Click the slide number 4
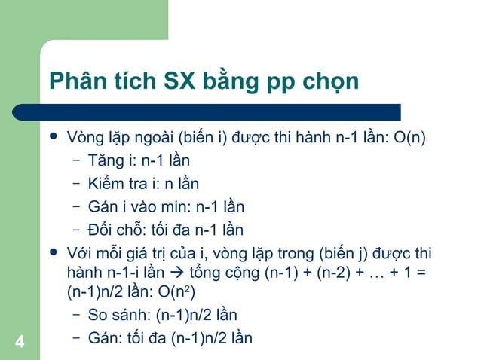pyautogui.click(x=19, y=343)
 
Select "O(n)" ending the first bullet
pyautogui.click(x=411, y=139)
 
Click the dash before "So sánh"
pyautogui.click(x=76, y=315)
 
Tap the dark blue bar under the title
pyautogui.click(x=219, y=112)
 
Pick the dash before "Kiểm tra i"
pyautogui.click(x=76, y=184)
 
